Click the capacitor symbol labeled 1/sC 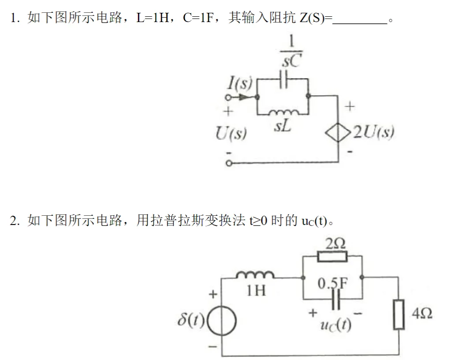click(283, 79)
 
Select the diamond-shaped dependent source click(338, 132)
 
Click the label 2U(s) click(373, 132)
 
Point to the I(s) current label click(240, 82)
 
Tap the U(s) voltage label click(231, 133)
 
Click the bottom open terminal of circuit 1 click(229, 163)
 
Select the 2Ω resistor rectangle click(332, 256)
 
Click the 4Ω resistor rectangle click(399, 314)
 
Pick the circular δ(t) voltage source click(222, 321)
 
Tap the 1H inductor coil click(255, 275)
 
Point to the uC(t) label click(335, 325)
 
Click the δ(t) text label click(190, 319)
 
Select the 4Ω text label click(422, 313)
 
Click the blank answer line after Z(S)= click(360, 23)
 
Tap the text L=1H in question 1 click(153, 18)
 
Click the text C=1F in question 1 click(198, 18)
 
